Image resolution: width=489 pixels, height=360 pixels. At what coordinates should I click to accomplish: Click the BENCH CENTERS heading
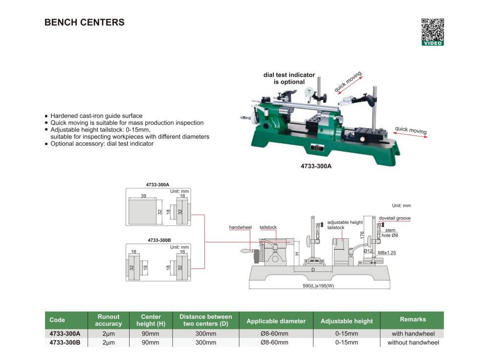click(85, 22)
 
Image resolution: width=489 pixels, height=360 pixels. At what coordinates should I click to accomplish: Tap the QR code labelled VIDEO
click(433, 32)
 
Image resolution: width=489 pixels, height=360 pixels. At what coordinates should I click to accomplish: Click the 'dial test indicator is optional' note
click(289, 78)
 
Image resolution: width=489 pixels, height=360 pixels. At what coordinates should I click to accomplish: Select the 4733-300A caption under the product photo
click(316, 166)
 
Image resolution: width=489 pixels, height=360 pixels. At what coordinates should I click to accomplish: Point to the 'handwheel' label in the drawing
click(240, 227)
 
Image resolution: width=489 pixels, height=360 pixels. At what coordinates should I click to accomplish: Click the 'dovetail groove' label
click(395, 218)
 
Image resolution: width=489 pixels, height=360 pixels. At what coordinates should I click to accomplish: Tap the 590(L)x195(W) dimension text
click(318, 286)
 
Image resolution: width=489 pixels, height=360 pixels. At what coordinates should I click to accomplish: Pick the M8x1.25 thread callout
click(387, 253)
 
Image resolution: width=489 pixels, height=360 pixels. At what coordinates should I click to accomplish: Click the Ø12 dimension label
click(368, 251)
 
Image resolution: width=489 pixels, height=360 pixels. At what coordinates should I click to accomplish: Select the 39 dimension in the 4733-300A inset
click(143, 196)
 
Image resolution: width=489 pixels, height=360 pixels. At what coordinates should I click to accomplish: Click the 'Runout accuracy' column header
click(109, 320)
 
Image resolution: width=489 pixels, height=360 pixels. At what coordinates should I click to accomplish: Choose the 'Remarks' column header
click(413, 319)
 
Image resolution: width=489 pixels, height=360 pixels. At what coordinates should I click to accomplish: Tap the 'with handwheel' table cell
click(413, 334)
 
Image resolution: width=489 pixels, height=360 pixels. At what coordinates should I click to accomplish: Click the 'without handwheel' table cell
click(413, 342)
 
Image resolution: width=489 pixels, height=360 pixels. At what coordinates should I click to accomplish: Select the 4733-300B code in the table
click(65, 342)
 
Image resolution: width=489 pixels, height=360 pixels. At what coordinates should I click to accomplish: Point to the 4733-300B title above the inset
click(159, 240)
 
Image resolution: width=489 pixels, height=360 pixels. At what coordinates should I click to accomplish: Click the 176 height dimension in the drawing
click(362, 235)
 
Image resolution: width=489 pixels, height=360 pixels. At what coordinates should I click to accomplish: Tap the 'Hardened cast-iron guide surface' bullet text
click(96, 116)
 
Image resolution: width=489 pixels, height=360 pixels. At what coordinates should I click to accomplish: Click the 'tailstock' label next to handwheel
click(268, 227)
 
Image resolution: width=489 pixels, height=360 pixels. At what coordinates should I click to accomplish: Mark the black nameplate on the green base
click(317, 147)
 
